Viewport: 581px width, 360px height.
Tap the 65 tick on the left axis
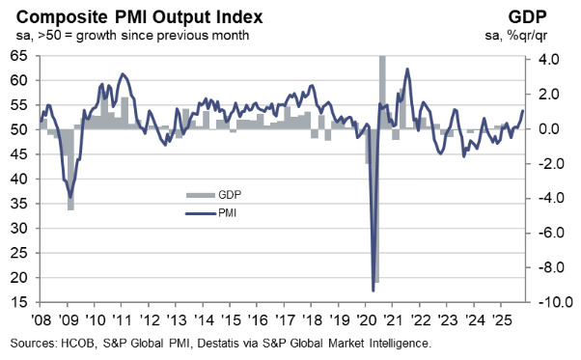tap(18, 56)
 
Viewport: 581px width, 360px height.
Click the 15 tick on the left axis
tap(18, 303)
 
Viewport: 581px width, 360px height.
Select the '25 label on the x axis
tap(502, 320)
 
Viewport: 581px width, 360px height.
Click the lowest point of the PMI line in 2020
tap(373, 290)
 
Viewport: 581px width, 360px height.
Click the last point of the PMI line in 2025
tap(523, 110)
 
